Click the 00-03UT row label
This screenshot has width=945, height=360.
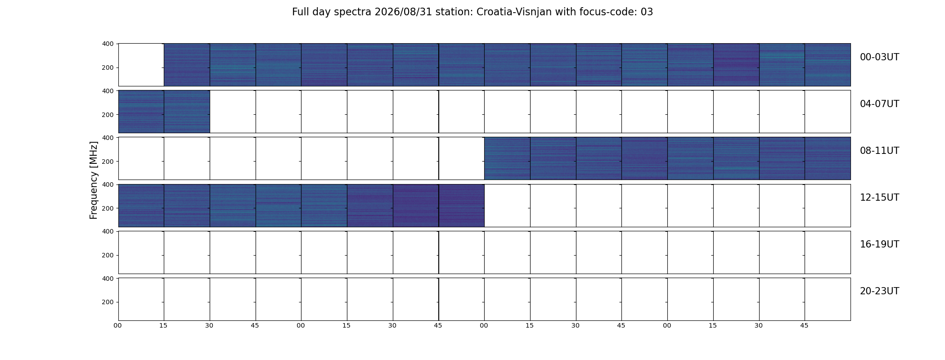click(879, 57)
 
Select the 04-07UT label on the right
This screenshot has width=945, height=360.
click(879, 104)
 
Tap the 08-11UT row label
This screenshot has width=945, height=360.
click(879, 151)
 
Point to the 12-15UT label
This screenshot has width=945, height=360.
click(879, 198)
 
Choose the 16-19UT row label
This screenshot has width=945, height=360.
click(879, 244)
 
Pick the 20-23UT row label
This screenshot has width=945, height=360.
click(879, 291)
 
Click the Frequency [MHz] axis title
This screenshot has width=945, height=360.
click(94, 180)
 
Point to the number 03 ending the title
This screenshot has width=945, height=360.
click(647, 12)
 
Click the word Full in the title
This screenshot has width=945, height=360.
click(300, 12)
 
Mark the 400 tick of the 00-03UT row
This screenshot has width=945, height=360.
click(108, 44)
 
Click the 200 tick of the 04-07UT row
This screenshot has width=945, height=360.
click(108, 115)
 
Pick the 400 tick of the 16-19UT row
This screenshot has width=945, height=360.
click(108, 231)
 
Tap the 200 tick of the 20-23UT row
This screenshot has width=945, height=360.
click(108, 302)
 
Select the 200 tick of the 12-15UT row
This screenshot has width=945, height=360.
click(108, 208)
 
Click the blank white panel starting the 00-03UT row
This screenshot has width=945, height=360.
click(141, 65)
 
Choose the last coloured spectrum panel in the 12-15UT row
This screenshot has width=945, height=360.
click(462, 206)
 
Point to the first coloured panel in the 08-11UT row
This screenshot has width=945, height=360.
click(507, 158)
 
